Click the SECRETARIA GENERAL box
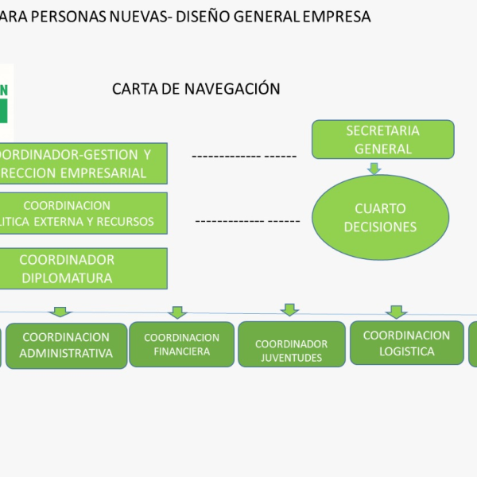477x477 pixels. (x=382, y=139)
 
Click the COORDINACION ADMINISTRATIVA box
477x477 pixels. (x=67, y=345)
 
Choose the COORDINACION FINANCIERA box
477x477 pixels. (x=181, y=344)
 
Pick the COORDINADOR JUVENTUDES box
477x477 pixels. (x=291, y=344)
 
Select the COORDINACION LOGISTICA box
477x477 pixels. (x=406, y=343)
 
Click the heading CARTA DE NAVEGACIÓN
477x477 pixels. (x=196, y=89)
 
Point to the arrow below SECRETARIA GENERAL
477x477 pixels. (x=374, y=169)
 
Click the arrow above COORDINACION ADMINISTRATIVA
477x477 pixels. (x=60, y=312)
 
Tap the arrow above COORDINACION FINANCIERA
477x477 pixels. (x=178, y=312)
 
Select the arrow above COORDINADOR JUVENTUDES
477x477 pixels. (x=290, y=310)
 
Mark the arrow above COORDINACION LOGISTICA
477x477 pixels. (x=395, y=312)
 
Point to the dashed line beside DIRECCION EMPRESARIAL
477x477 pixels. (x=243, y=157)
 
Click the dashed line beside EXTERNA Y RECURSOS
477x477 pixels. (x=246, y=221)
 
